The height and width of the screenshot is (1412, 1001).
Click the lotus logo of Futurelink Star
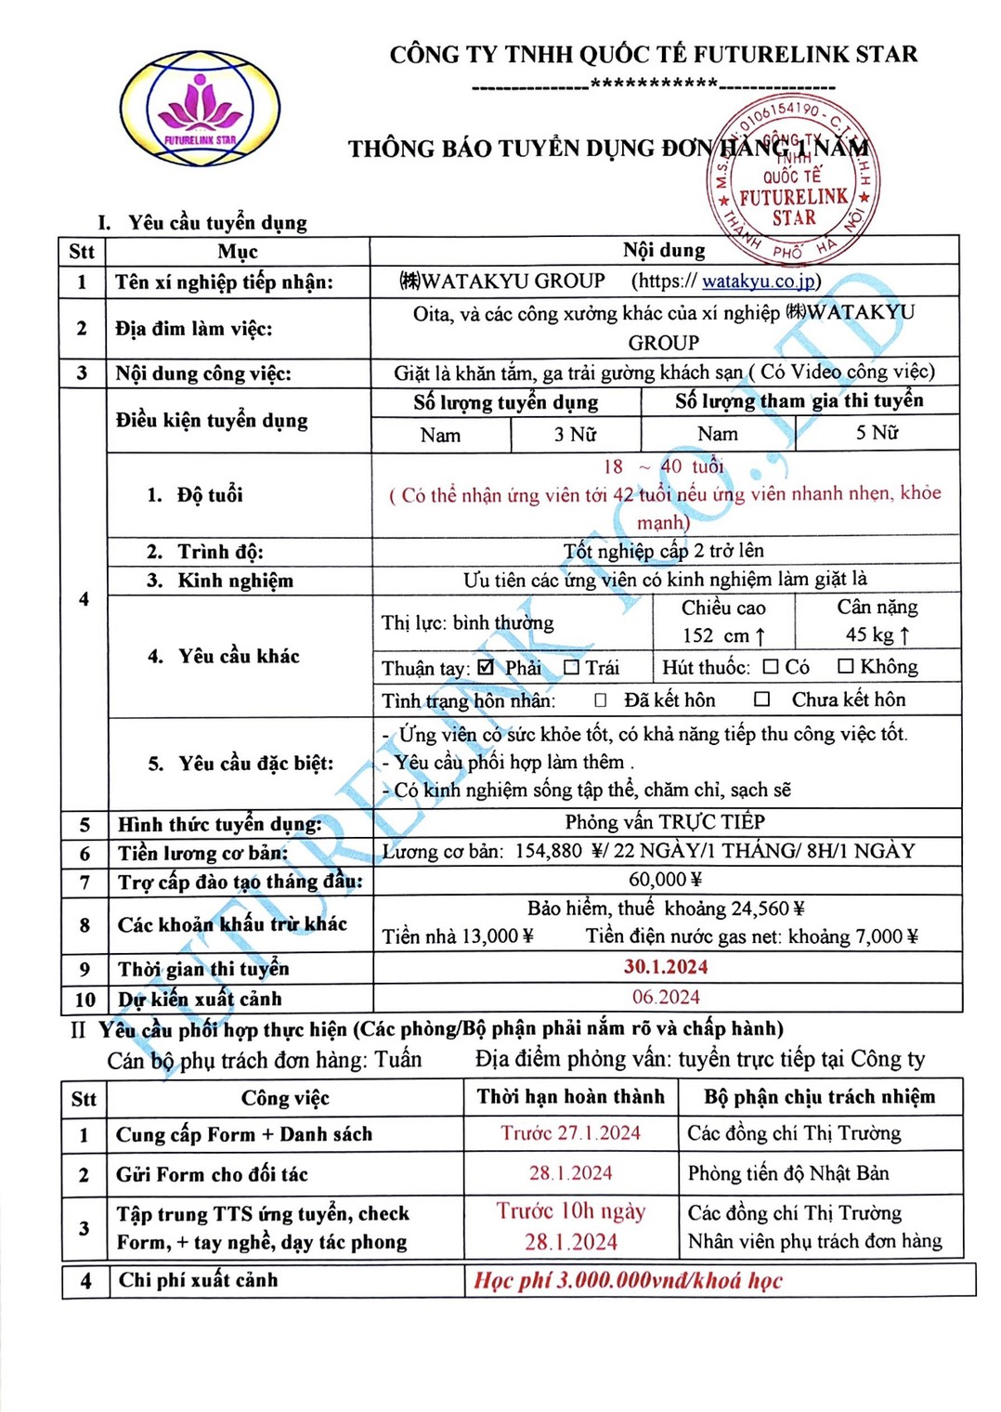[200, 110]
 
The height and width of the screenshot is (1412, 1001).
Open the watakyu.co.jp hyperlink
[758, 281]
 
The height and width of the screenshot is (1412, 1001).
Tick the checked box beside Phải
[486, 667]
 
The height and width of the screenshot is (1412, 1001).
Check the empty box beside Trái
[571, 667]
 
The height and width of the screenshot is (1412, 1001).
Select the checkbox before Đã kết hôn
[601, 699]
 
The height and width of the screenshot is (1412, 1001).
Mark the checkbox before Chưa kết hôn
[761, 699]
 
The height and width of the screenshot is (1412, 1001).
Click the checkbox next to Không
[845, 666]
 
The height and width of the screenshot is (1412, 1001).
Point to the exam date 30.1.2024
[665, 967]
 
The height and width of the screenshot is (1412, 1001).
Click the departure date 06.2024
[666, 997]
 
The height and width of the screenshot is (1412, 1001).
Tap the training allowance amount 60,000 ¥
[665, 879]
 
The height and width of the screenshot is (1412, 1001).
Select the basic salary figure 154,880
[548, 851]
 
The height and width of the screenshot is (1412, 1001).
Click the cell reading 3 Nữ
[575, 434]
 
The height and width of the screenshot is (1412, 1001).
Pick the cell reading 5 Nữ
[877, 433]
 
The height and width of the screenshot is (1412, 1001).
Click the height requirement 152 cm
[723, 635]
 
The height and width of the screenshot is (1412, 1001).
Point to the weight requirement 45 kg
[877, 634]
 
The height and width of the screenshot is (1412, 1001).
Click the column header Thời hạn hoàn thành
[570, 1096]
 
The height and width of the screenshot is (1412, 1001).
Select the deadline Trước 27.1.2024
[570, 1132]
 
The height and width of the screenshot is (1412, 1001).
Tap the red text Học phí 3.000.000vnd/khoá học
[628, 1280]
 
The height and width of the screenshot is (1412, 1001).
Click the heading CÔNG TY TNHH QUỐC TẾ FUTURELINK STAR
[653, 54]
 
